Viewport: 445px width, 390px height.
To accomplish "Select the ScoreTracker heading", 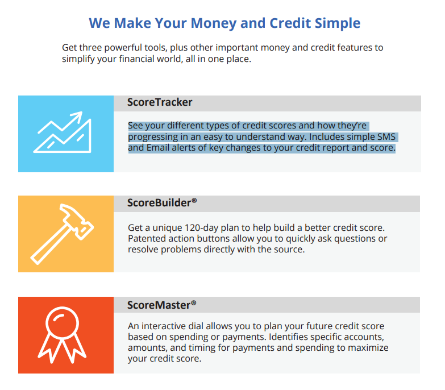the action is (160, 102).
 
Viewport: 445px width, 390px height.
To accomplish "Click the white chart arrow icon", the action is (62, 132).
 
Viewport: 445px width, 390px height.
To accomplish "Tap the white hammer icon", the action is (62, 234).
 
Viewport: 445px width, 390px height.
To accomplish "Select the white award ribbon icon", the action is (62, 335).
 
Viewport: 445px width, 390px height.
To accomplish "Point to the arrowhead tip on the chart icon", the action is (82, 112).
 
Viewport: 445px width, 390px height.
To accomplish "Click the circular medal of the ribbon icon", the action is (62, 323).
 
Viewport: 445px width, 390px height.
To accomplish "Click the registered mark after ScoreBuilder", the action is (194, 200).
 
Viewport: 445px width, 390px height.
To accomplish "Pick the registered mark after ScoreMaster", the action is (194, 302).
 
